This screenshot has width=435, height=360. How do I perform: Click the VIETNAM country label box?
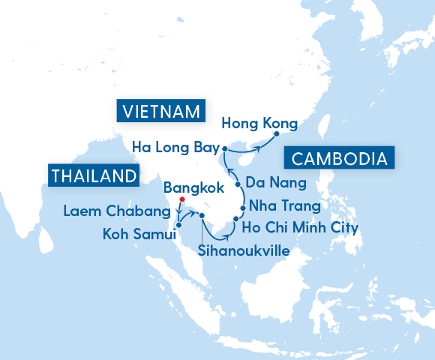(160, 112)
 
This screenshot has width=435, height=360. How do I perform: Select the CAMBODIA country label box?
(338, 158)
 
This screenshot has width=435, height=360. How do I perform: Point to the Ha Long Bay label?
(173, 146)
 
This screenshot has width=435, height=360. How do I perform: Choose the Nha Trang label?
(285, 205)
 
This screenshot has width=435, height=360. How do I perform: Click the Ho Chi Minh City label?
(304, 227)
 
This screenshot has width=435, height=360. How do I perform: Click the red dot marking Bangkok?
(181, 199)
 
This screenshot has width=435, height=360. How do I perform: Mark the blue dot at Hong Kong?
(277, 134)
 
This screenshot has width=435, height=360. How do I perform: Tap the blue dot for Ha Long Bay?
(223, 150)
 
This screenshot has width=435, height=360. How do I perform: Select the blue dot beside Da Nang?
(238, 184)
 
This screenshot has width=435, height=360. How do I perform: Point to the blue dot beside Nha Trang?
(242, 207)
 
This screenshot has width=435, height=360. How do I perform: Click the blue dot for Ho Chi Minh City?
(235, 219)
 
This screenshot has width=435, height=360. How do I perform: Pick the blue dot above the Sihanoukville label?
(202, 216)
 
